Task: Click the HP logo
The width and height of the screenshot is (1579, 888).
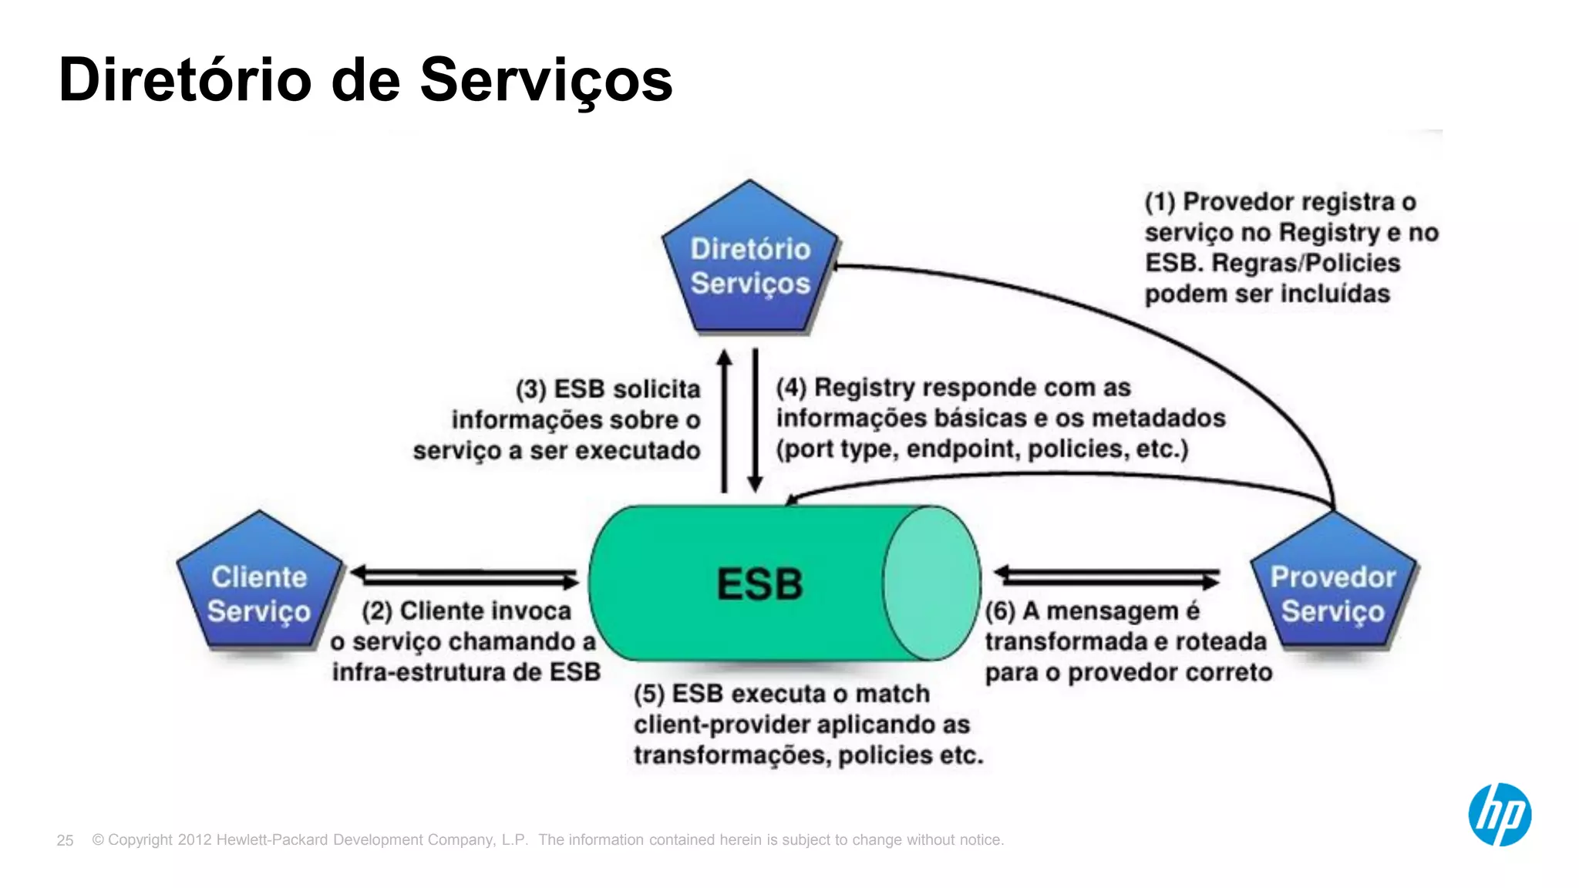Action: (x=1500, y=815)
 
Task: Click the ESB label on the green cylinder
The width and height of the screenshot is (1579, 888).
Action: (x=760, y=584)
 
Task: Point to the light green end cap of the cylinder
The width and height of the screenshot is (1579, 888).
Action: (x=931, y=584)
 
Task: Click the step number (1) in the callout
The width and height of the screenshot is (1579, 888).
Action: (x=1160, y=203)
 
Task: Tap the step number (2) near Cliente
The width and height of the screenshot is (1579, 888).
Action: (x=377, y=612)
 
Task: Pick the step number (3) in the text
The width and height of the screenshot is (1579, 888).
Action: (x=531, y=390)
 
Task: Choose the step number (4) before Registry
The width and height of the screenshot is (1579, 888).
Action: (x=791, y=388)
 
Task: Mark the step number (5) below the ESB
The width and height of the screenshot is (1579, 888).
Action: (x=649, y=695)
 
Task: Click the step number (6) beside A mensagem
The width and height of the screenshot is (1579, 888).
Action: (x=1000, y=612)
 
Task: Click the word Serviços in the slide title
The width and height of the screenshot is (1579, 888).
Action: (x=546, y=80)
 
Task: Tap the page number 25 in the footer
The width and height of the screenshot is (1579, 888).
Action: (x=65, y=840)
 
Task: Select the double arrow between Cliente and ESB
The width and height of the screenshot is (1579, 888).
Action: (x=464, y=577)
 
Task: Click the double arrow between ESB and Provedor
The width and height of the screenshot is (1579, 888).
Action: (x=1107, y=577)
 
